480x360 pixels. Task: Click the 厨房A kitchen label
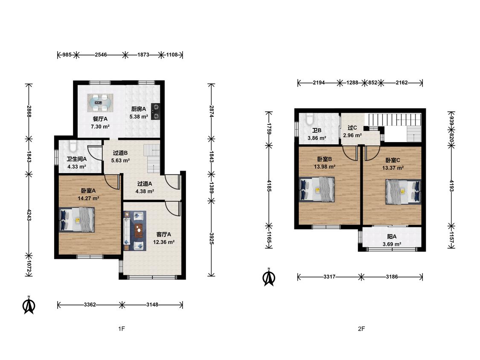pos(139,109)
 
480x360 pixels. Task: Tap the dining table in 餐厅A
pos(100,103)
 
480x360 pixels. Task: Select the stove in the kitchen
pos(156,111)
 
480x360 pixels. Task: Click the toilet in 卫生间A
pos(73,146)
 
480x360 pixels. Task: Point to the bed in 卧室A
pos(76,220)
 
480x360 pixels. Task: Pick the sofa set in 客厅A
pos(135,231)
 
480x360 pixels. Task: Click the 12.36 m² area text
pos(164,242)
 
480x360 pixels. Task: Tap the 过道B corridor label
pos(120,153)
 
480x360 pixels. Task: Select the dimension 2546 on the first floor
pos(101,55)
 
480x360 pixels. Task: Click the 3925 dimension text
pos(212,238)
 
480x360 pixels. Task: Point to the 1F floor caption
pos(122,329)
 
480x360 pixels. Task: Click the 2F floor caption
pos(361,329)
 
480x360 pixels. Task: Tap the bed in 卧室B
pos(317,189)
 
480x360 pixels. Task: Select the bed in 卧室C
pos(403,192)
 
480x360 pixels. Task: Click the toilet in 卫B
pos(309,119)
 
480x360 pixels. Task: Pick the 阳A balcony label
pos(392,237)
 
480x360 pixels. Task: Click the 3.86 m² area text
pos(317,138)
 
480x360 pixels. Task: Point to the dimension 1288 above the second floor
pos(352,82)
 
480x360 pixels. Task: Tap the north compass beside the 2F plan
pos(269,277)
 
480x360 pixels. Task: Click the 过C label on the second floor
pos(352,128)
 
